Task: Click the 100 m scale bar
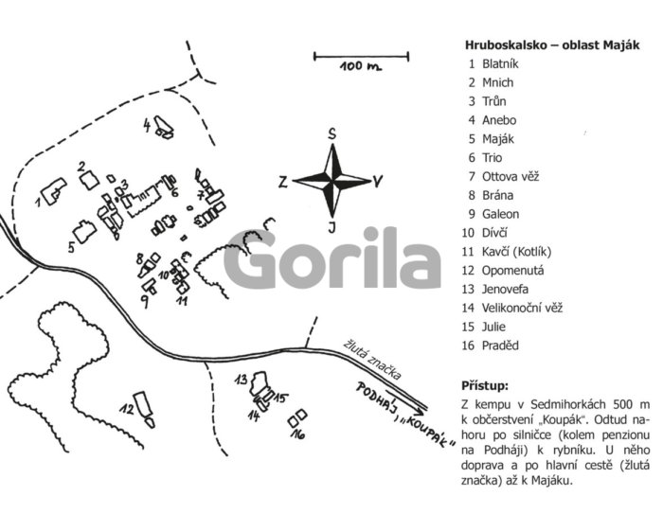(x=361, y=56)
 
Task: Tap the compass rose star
(x=332, y=181)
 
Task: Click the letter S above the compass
(x=332, y=133)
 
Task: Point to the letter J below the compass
(x=332, y=227)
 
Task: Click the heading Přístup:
(x=485, y=386)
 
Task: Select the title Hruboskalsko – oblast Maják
(x=552, y=44)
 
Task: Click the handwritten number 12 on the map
(x=127, y=409)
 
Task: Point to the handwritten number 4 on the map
(x=147, y=125)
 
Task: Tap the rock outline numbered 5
(x=84, y=232)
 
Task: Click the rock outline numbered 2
(x=90, y=181)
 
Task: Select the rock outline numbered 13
(x=258, y=383)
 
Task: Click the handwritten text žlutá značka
(x=371, y=360)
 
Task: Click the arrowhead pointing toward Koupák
(x=419, y=410)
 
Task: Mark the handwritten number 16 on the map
(x=297, y=434)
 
